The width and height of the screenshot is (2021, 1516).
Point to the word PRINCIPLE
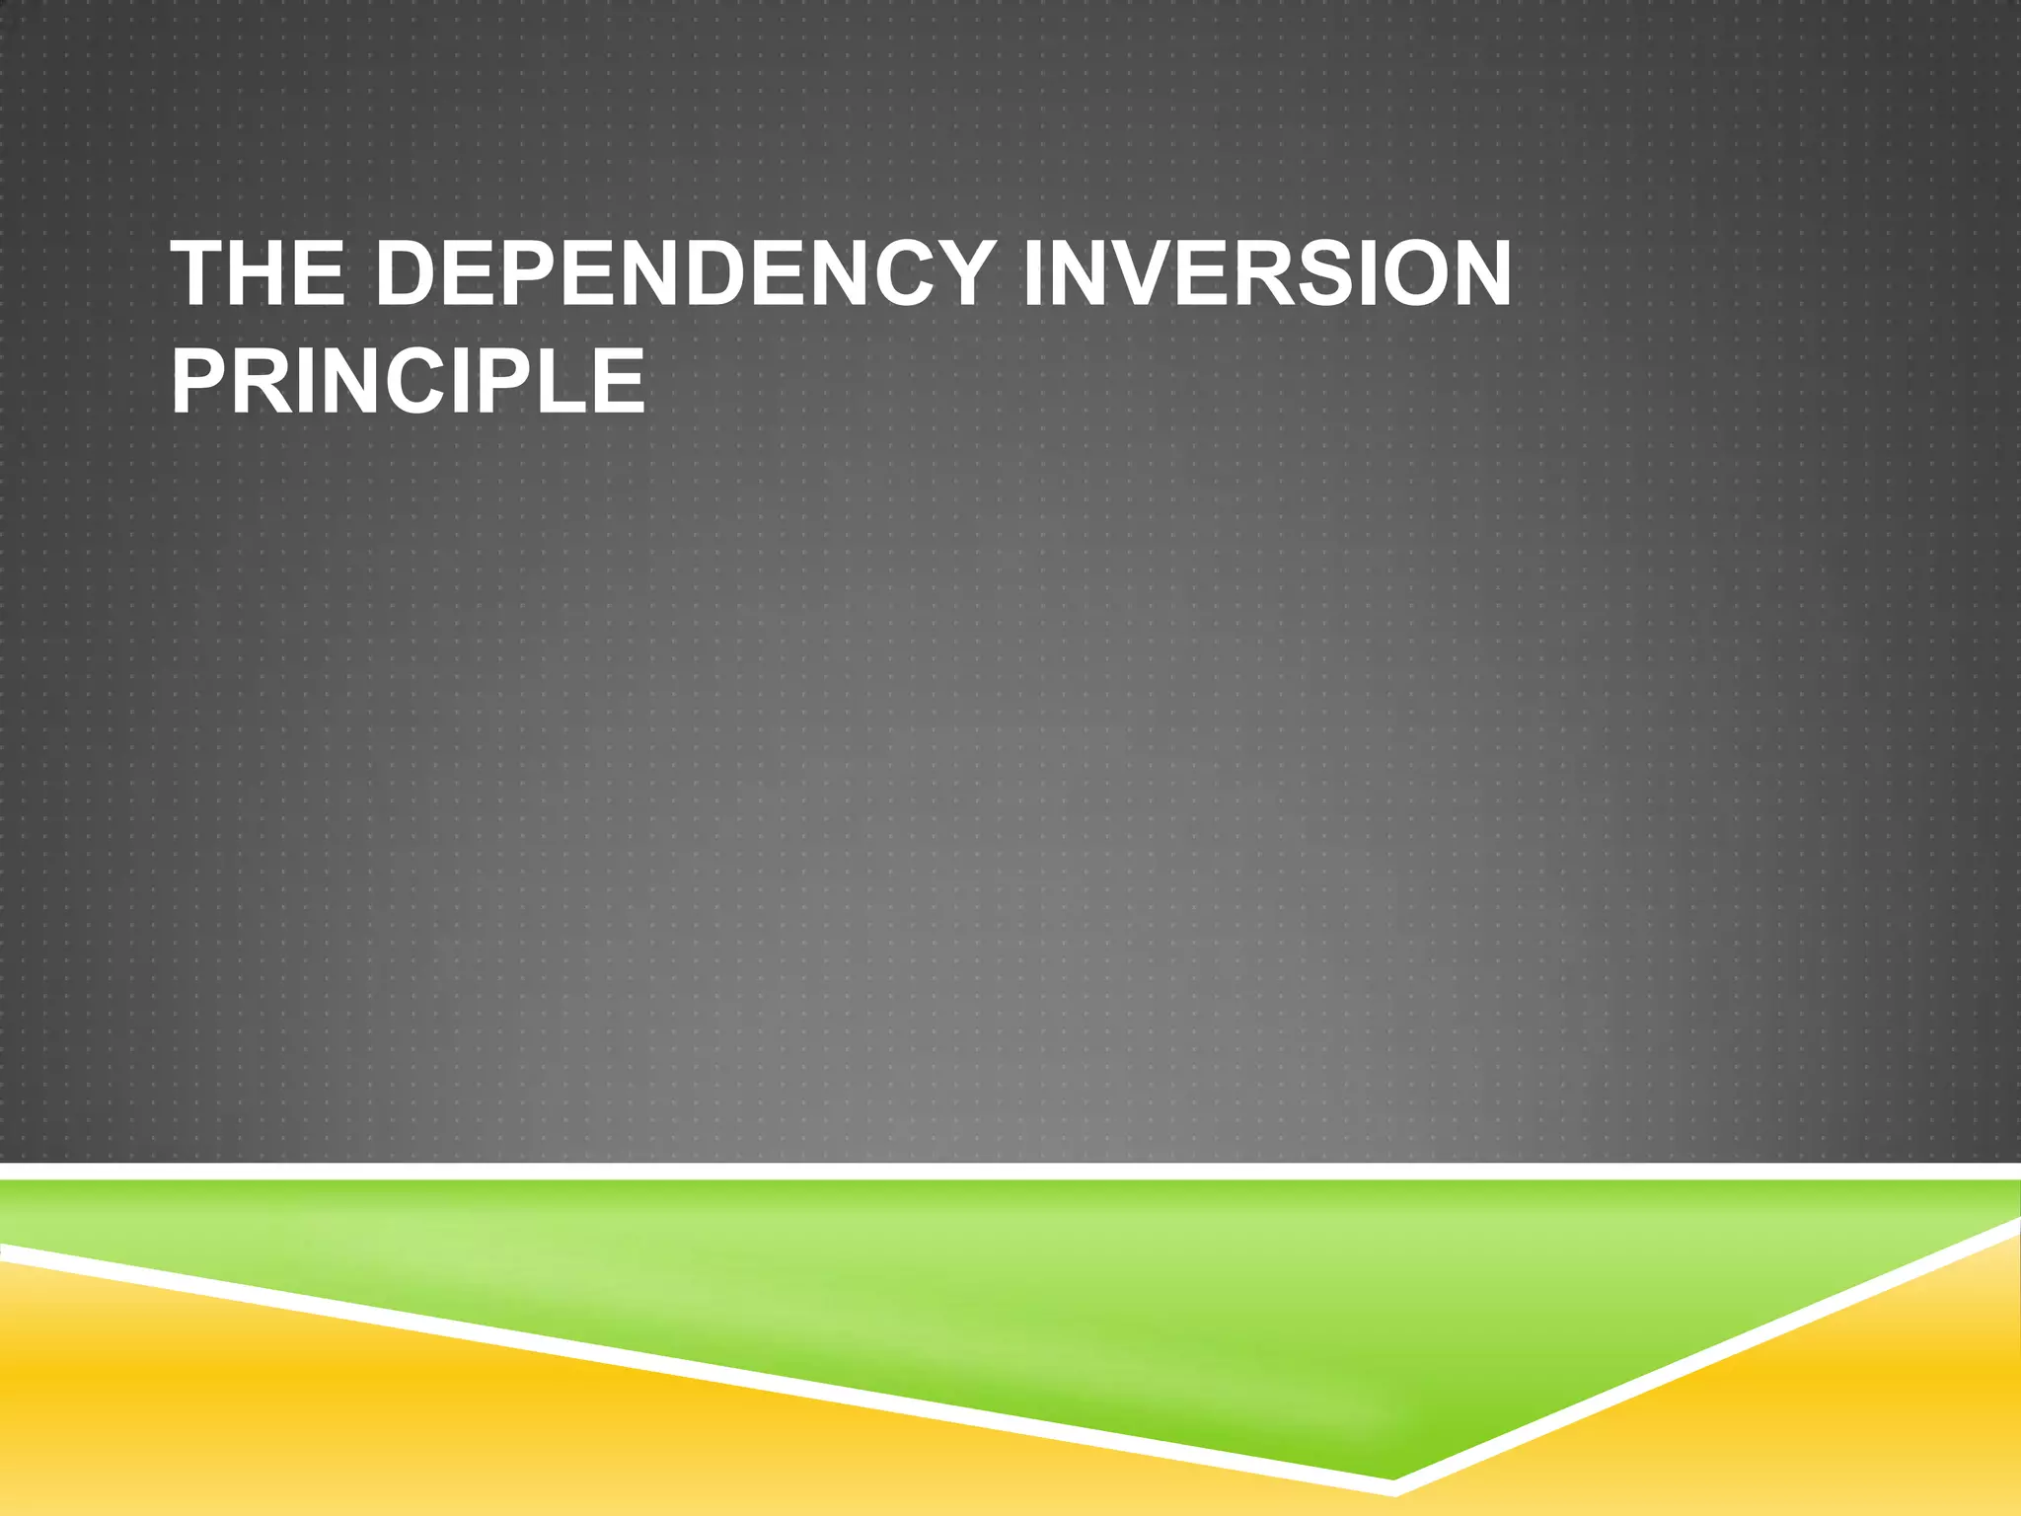pyautogui.click(x=408, y=381)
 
